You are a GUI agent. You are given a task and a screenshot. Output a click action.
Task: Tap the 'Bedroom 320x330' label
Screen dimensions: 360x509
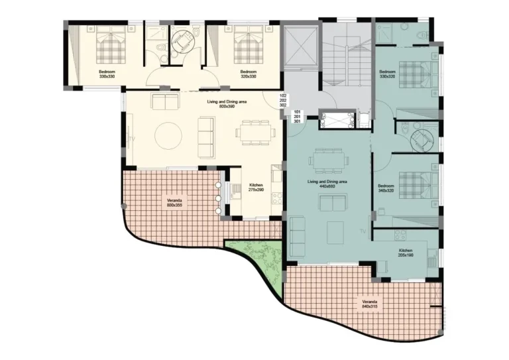248,74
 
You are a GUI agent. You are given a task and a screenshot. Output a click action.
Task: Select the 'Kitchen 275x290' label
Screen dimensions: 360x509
256,188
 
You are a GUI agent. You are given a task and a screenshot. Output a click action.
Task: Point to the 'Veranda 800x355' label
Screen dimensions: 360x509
175,203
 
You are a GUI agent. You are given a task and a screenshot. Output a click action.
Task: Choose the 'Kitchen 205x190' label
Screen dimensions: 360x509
406,253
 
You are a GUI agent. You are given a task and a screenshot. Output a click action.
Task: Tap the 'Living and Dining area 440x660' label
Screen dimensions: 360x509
327,183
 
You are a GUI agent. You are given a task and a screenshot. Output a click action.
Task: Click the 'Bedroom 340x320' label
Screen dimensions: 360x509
386,188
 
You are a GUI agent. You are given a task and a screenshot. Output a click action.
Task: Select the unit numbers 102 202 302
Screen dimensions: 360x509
283,99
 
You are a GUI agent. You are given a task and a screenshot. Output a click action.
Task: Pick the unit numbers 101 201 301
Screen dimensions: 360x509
297,116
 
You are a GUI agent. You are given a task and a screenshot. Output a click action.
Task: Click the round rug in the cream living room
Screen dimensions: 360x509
168,136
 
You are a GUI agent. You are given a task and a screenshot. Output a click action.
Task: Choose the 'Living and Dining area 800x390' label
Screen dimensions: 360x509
208,103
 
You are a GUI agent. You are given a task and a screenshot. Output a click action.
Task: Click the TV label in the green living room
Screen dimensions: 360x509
363,231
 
